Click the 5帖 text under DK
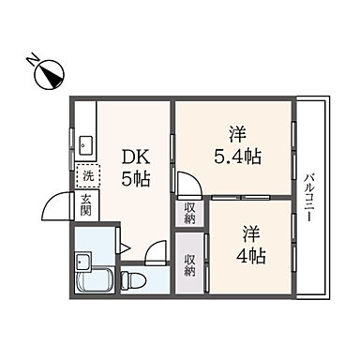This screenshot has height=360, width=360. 130,178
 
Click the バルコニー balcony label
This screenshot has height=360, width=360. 309,196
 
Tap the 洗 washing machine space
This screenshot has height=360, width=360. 85,174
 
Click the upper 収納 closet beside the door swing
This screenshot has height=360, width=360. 190,214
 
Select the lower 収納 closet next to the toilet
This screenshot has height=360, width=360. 190,264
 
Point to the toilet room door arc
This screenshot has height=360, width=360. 155,250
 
